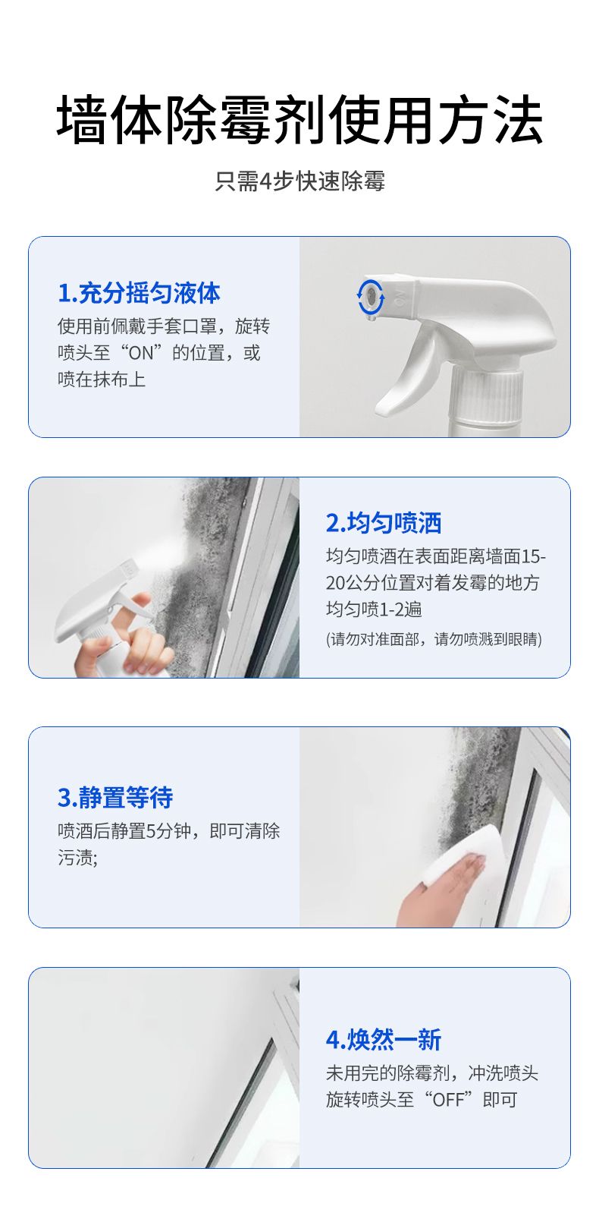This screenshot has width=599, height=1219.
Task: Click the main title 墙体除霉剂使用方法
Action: (x=299, y=119)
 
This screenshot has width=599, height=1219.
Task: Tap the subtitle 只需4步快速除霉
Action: (x=299, y=181)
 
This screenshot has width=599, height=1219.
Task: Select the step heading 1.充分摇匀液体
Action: (x=140, y=293)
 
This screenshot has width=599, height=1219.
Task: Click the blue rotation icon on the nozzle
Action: (x=370, y=297)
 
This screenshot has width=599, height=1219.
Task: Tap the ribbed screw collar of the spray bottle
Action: (x=487, y=395)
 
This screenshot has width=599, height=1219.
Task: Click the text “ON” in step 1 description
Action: (x=141, y=353)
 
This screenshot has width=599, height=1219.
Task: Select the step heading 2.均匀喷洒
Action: (x=383, y=522)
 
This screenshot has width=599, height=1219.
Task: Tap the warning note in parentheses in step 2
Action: (x=434, y=639)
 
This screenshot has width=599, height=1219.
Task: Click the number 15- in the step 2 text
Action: (x=533, y=556)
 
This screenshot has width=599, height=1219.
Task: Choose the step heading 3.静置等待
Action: (x=115, y=797)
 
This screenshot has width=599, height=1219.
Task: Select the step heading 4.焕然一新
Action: (x=383, y=1039)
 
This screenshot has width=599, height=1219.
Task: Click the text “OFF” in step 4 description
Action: (x=448, y=1099)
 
